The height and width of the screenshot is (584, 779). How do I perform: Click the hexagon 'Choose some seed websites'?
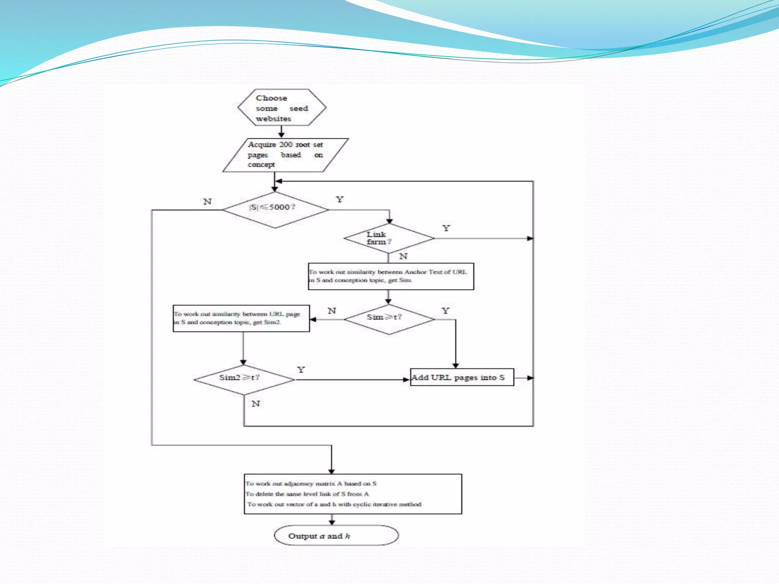282,108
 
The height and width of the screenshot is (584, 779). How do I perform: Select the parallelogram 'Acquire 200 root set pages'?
285,155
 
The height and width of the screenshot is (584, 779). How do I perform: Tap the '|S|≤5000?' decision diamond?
275,209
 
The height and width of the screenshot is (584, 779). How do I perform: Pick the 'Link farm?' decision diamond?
389,238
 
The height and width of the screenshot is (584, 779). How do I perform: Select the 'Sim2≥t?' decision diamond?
244,379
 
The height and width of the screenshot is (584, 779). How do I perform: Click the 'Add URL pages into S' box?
462,378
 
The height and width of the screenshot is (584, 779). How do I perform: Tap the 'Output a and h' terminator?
336,536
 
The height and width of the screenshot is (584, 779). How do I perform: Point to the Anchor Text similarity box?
391,276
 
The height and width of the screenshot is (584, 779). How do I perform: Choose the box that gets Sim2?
241,318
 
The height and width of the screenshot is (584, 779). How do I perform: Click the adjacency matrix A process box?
353,494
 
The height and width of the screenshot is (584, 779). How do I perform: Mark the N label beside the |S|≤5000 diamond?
207,202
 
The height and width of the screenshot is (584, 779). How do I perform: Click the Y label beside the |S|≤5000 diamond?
340,200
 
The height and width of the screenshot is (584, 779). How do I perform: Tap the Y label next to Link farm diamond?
446,228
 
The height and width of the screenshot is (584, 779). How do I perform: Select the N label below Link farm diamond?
403,256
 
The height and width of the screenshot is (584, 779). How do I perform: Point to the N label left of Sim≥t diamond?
332,311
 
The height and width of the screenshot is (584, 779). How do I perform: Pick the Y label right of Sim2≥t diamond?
301,370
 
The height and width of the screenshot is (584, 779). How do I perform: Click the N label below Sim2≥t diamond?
256,403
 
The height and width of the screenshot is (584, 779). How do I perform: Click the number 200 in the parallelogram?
286,144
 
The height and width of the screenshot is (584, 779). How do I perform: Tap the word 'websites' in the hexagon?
273,119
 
